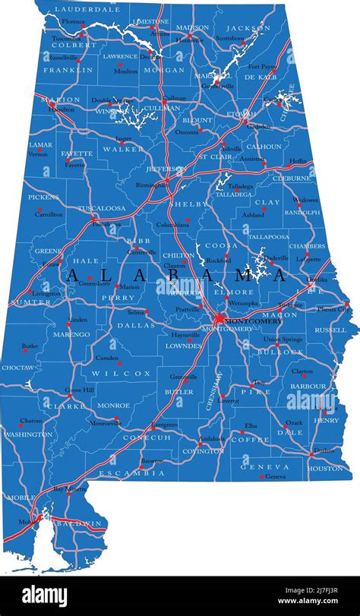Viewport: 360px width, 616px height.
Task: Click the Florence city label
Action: tap(73, 21)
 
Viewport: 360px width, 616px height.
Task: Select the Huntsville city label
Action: tap(189, 39)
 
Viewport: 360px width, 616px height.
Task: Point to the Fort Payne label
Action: tap(262, 66)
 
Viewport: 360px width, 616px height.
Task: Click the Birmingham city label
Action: tap(152, 185)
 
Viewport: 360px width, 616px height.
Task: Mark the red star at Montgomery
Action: tap(219, 317)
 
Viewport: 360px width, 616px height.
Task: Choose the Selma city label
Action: tap(136, 311)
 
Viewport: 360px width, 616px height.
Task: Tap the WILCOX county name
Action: tap(122, 374)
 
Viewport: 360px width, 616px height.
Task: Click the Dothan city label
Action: tap(324, 450)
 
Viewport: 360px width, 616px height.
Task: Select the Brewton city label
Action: tap(153, 461)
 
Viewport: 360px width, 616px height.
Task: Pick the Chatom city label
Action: tap(31, 420)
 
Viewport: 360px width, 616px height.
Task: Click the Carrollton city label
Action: tap(49, 214)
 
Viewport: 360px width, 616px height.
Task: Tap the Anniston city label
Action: tap(252, 159)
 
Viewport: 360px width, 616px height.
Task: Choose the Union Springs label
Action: tap(283, 339)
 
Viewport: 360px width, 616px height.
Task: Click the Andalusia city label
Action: tap(212, 439)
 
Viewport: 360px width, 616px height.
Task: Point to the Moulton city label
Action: tap(126, 71)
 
